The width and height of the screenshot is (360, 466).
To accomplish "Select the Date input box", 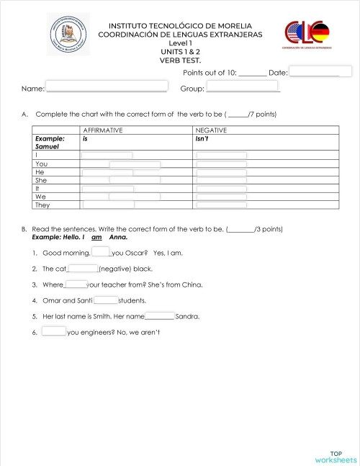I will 320,71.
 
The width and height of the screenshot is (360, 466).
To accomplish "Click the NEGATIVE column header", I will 211,130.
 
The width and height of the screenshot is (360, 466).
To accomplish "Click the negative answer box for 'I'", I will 222,155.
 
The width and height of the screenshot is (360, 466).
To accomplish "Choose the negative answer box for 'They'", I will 222,205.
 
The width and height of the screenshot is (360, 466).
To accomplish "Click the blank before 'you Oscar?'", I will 101,252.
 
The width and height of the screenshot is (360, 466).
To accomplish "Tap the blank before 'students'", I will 106,300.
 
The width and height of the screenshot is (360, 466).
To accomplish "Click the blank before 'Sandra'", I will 160,316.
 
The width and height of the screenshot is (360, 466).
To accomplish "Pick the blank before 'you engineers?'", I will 54,332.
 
